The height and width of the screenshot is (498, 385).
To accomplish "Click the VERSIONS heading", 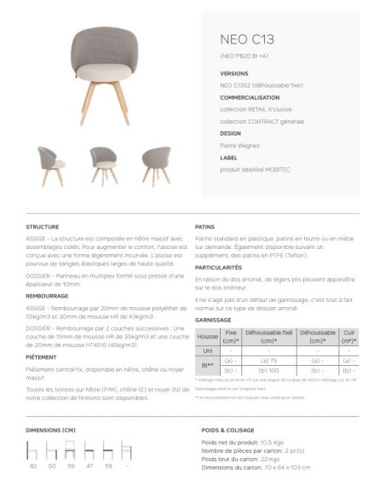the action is click(234, 73).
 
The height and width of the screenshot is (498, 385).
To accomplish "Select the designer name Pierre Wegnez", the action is click(241, 146).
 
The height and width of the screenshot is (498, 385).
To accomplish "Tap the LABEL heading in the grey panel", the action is click(228, 158).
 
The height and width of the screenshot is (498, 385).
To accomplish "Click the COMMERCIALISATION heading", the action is click(250, 97).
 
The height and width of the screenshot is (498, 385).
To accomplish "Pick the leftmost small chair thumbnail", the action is click(49, 165).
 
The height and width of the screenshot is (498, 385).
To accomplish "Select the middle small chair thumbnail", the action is click(103, 165).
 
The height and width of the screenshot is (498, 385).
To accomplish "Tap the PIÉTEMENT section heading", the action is click(41, 357).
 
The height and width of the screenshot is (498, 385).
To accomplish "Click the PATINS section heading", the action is click(204, 228).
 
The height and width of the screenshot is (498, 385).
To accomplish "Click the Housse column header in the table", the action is click(207, 336).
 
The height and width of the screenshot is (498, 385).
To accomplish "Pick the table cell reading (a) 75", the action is click(268, 361).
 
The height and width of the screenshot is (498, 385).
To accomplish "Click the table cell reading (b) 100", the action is click(268, 371).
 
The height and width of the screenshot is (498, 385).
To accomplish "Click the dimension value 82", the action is click(33, 466).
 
